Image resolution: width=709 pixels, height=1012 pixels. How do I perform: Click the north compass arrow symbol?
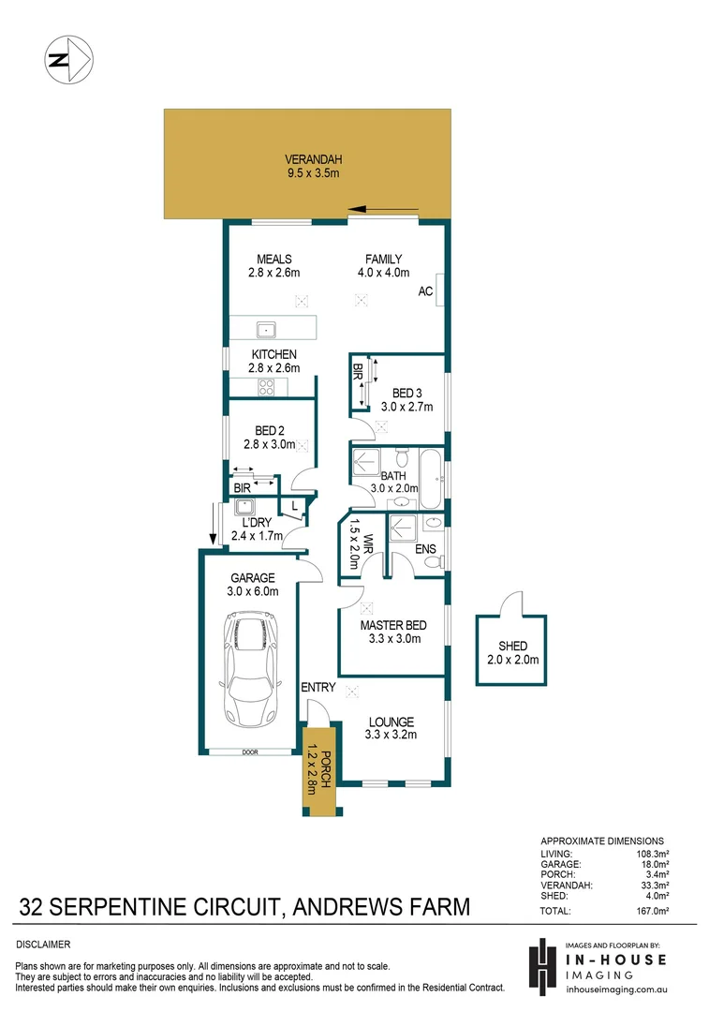68,60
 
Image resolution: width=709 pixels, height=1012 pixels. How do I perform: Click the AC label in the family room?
425,292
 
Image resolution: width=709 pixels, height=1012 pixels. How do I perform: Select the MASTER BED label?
393,625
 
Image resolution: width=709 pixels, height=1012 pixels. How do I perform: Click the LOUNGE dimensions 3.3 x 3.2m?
391,736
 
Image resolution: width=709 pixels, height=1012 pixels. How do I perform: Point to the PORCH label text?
327,771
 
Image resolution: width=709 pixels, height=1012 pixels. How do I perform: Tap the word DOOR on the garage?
248,752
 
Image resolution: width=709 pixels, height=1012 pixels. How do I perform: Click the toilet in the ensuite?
433,562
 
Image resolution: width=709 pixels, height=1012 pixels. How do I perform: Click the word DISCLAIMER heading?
43,945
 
